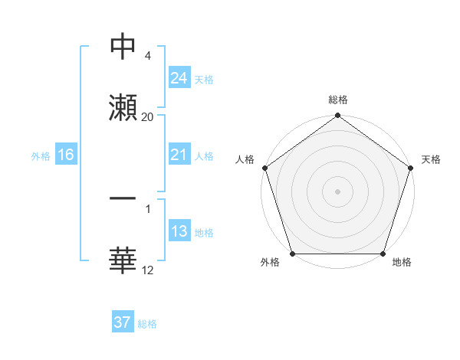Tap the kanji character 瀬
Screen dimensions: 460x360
coord(123,107)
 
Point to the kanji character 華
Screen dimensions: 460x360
coord(123,260)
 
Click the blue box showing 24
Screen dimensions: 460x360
coord(179,77)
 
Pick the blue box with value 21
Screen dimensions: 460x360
coord(179,155)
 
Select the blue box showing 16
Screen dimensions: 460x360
coord(65,155)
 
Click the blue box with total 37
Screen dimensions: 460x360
coord(123,322)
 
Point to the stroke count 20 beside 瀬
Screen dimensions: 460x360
coord(148,117)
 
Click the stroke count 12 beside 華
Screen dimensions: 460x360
coord(148,270)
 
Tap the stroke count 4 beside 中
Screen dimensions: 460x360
coord(147,56)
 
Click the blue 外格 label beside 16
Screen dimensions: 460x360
coord(41,155)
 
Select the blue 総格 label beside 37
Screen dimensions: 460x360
coord(147,324)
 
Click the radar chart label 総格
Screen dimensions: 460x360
coord(337,100)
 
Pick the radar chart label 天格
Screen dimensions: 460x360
coord(431,159)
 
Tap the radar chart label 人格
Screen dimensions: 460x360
coord(245,159)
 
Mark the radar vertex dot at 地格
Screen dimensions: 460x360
coord(383,254)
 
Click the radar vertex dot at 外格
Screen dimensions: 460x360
coord(292,254)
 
